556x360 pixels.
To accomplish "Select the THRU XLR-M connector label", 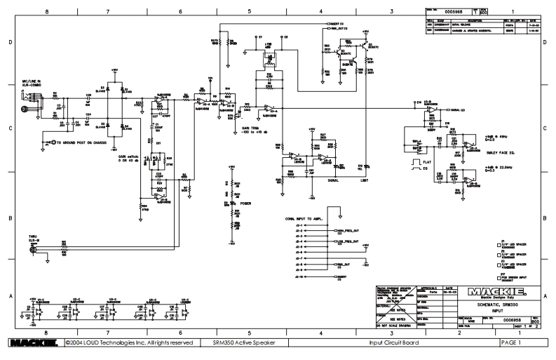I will click(x=32, y=239).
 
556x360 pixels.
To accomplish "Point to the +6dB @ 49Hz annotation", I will click(x=496, y=135).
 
